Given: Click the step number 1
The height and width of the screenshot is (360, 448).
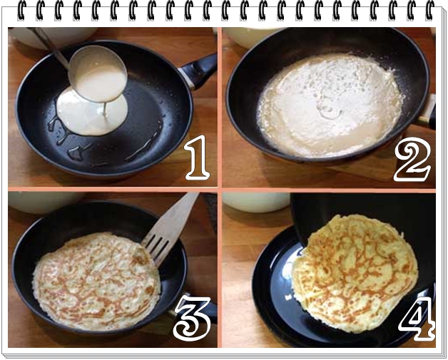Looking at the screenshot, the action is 198,158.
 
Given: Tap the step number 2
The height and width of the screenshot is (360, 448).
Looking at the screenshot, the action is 412,159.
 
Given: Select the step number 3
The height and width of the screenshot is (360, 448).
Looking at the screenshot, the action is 193,318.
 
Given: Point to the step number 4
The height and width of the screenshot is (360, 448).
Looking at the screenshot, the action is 417,319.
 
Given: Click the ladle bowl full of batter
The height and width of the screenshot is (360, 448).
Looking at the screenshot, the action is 98,73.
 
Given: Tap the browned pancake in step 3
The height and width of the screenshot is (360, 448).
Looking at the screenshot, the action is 96,281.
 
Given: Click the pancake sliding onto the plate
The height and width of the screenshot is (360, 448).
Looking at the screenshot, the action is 355,273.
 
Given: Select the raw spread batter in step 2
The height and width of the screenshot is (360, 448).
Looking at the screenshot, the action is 330,105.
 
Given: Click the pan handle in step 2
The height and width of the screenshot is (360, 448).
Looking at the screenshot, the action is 427,112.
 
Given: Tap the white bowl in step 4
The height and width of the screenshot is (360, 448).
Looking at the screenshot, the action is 256,202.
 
